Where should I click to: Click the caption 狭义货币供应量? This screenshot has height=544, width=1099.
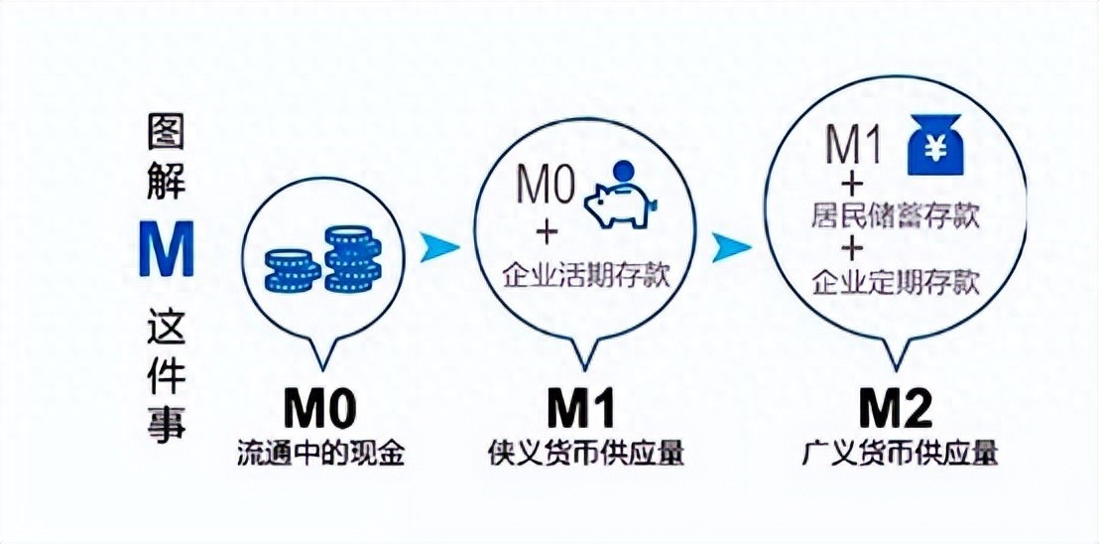click(586, 453)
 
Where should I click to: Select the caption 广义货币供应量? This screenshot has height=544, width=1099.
click(900, 453)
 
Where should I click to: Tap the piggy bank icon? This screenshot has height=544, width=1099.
click(620, 204)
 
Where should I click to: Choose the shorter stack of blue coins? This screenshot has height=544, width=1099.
click(292, 269)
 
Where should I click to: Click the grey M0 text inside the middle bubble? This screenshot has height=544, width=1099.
click(548, 186)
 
